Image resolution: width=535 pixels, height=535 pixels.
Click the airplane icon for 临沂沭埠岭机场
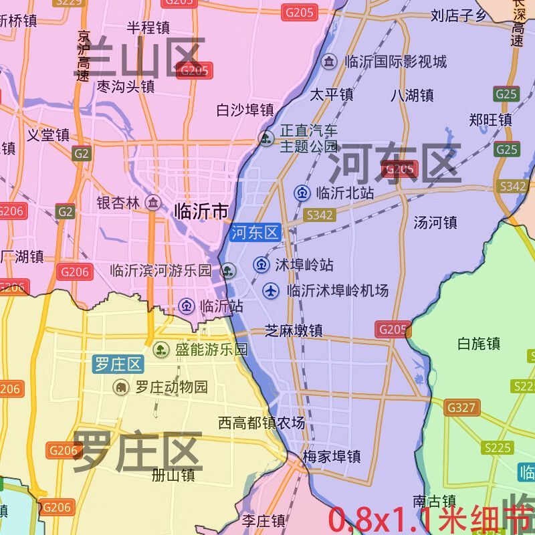click(271, 290)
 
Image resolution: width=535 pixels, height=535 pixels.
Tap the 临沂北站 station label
click(344, 193)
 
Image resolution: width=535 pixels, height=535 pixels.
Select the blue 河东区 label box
click(255, 233)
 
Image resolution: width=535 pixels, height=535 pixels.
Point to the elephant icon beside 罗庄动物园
click(121, 387)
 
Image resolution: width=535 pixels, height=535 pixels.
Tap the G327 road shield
click(461, 407)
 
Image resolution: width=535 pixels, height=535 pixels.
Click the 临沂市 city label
click(201, 211)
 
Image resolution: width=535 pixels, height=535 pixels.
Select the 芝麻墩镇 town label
click(294, 330)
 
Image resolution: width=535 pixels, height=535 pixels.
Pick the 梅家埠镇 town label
click(332, 457)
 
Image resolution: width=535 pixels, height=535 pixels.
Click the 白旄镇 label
click(479, 344)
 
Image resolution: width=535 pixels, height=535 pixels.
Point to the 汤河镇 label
click(435, 222)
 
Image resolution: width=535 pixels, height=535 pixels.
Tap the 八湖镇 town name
click(412, 95)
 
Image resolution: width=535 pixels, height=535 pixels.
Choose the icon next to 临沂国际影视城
click(329, 62)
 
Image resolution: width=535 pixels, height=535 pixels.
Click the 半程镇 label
click(148, 27)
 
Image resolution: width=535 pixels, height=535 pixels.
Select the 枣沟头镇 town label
click(126, 86)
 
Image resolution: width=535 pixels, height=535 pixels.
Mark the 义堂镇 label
click(48, 135)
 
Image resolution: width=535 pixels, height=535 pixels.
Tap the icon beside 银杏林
click(153, 203)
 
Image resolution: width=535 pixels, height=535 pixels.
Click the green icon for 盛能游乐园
click(161, 349)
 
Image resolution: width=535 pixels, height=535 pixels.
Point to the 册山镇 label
click(173, 475)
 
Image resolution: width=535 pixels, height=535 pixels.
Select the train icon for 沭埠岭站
click(261, 265)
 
